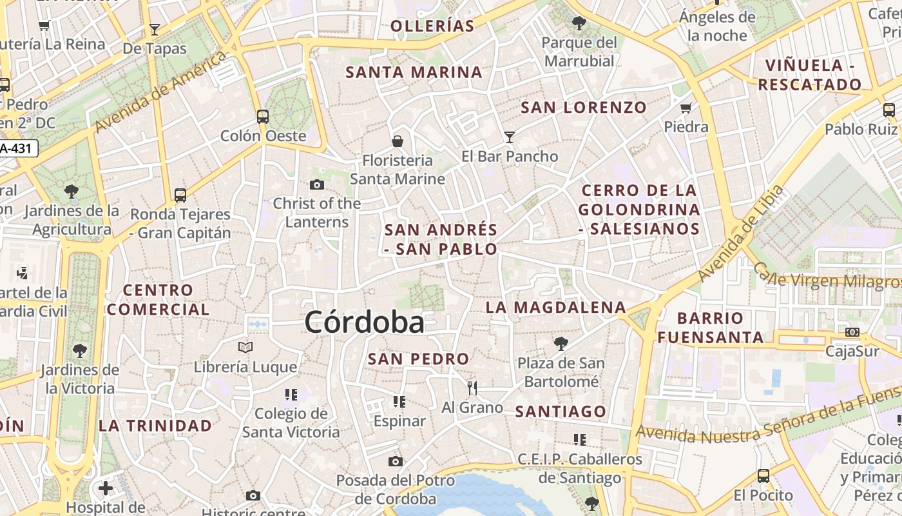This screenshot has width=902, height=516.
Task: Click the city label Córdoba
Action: pos(364,322)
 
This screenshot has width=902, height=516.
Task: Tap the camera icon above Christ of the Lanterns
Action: pos(316,185)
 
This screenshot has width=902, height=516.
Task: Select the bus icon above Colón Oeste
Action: pos(262,117)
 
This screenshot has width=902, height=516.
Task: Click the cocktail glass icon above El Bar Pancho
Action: pos(510,137)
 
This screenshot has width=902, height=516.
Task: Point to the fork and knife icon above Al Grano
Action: pos(472,388)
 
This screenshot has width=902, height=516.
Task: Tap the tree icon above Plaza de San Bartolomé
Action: pos(561,343)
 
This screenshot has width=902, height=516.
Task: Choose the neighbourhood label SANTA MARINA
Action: pos(414,72)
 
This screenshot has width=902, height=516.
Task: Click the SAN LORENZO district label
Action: pos(583,108)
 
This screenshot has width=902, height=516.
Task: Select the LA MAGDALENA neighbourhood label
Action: pos(555,307)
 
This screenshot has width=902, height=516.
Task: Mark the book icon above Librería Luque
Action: pos(245,348)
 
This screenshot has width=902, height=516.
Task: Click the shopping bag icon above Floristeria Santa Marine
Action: pos(398,141)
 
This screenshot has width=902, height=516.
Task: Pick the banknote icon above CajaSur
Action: pos(852,332)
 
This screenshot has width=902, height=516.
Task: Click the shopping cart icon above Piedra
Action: pos(686,108)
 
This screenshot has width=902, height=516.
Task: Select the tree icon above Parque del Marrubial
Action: pos(579,23)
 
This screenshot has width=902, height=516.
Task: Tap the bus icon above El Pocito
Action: pos(763,476)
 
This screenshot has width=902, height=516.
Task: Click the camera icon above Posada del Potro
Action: pos(396,461)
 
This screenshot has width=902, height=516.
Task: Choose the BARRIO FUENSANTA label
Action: pos(710,327)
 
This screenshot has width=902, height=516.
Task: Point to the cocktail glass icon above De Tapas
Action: pos(154,29)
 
